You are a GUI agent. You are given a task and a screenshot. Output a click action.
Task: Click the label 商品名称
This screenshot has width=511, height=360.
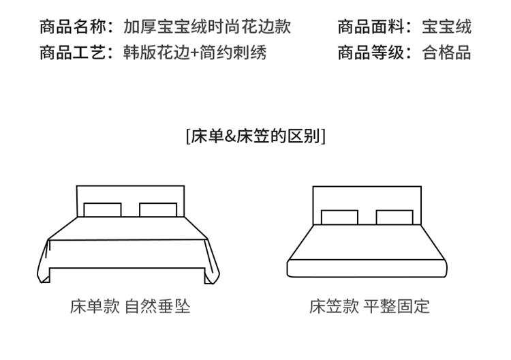74,27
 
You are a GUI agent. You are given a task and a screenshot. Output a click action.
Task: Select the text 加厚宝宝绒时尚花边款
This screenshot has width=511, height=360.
207,27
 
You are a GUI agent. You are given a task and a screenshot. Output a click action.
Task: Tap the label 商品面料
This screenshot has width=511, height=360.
371,27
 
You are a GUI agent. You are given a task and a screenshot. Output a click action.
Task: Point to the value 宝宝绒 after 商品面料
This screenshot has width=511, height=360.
446,27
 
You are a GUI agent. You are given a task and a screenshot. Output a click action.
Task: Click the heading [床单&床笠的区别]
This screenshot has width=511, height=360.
255,136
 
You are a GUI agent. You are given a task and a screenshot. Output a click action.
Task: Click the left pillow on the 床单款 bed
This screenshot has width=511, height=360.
102,210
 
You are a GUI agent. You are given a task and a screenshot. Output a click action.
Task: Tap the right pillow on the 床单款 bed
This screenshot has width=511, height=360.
158,210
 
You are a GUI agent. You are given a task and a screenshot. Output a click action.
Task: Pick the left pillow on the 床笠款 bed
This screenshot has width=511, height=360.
339,217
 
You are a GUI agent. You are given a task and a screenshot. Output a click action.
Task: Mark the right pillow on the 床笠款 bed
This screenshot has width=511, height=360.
394,217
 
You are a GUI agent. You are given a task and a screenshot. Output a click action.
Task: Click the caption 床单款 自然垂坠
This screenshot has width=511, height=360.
130,306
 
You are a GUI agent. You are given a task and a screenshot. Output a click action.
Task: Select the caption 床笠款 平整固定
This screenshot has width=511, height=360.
369,306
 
